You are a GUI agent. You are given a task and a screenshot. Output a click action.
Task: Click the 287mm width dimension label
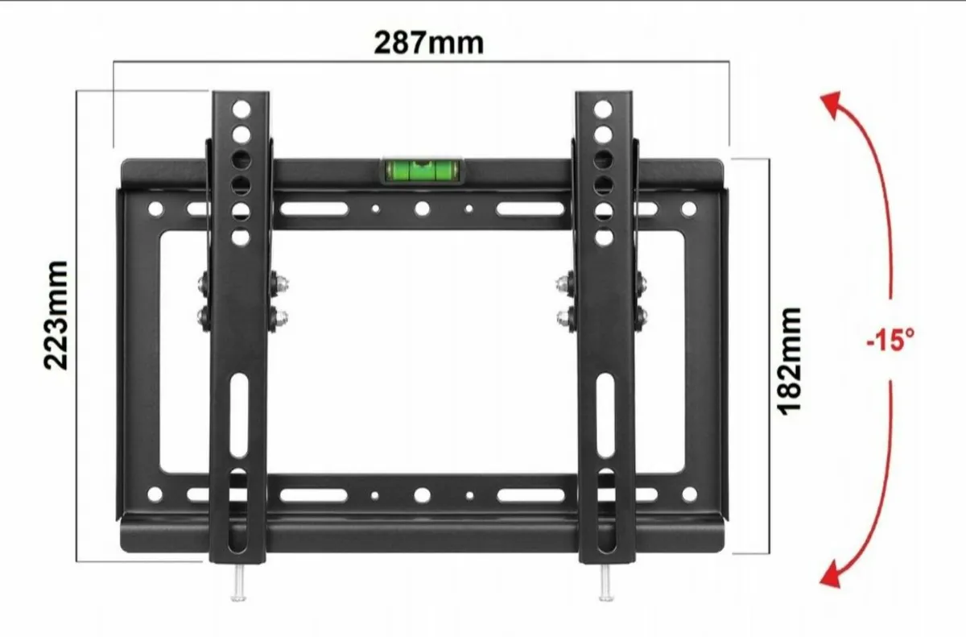429,41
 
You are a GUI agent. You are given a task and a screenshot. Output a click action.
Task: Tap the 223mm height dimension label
56,314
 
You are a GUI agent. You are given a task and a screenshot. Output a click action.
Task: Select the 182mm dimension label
790,360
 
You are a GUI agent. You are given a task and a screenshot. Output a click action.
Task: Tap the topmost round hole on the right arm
604,108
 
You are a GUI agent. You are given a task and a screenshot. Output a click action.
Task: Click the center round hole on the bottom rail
420,494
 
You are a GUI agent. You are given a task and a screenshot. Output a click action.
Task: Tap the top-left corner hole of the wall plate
155,209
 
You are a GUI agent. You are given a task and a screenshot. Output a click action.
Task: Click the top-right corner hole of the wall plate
688,209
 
